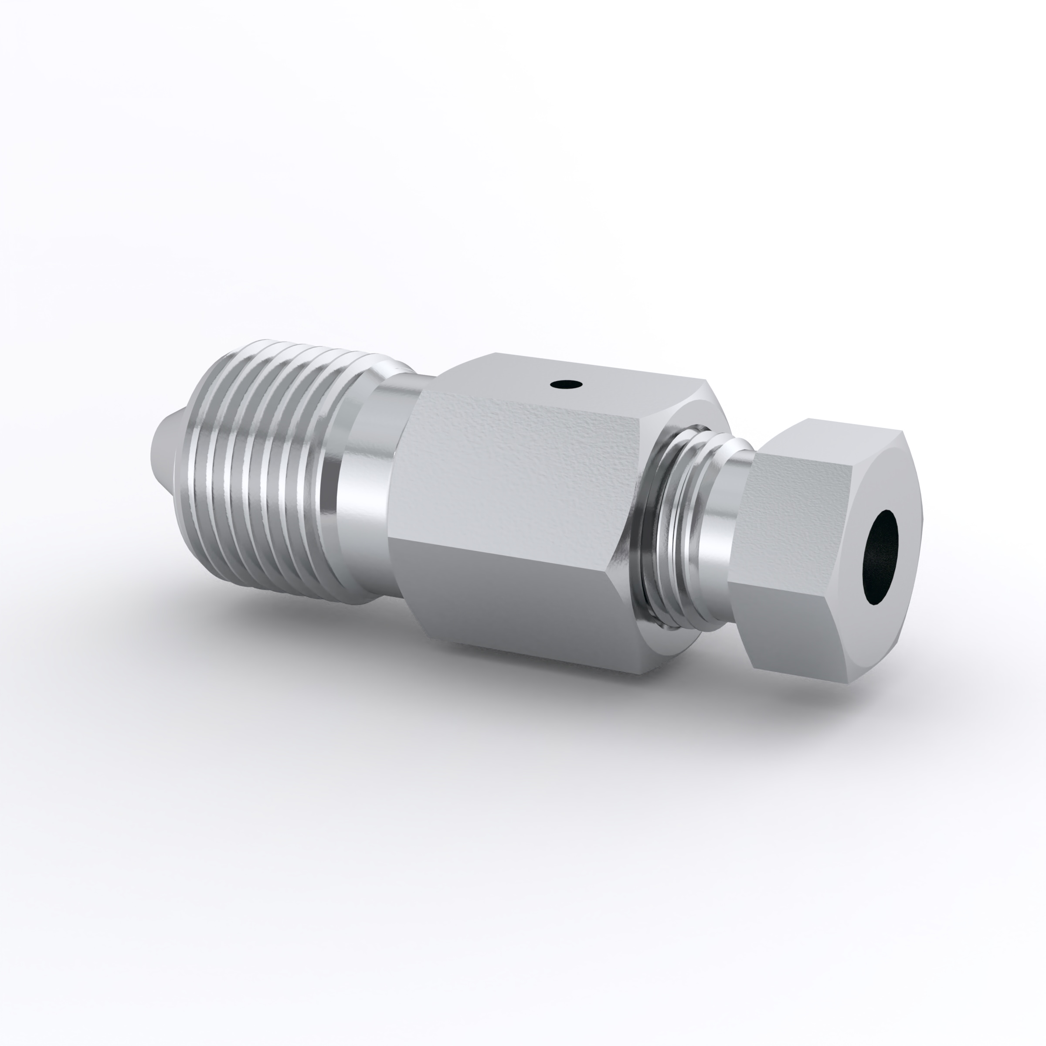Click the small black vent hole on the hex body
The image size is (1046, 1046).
click(566, 385)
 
